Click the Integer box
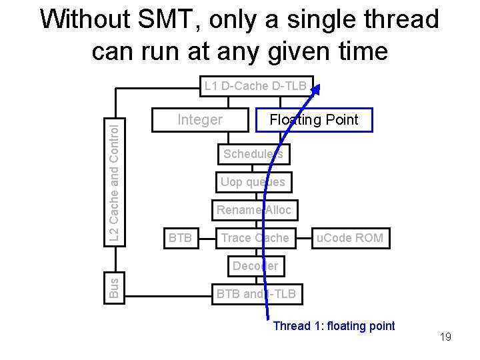click(200, 120)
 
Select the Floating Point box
click(314, 120)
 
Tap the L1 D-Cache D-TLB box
click(255, 86)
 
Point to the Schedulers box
click(253, 154)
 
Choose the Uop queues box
click(253, 182)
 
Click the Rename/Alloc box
click(254, 210)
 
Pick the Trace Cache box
click(255, 238)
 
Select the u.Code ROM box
click(350, 238)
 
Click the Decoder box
click(255, 266)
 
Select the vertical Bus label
click(115, 287)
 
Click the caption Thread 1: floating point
click(334, 326)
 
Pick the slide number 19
click(445, 337)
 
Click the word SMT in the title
click(169, 20)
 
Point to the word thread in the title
click(395, 20)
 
